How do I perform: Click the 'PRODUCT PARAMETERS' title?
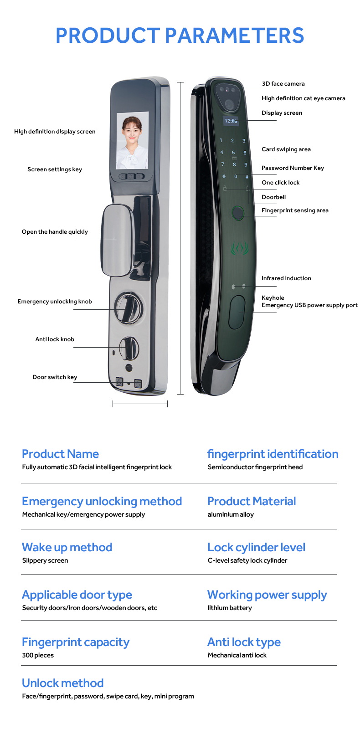point(180,36)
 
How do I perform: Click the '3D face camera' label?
point(283,84)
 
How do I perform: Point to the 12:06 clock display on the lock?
point(231,121)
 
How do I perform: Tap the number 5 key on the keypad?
point(233,153)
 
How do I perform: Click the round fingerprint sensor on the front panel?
point(237,213)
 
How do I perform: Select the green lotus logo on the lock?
point(239,249)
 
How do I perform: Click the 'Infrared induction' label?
point(286,278)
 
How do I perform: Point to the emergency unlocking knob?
point(126,308)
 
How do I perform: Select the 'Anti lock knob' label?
point(55,339)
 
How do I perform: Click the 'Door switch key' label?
point(55,377)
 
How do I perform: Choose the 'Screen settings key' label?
point(55,169)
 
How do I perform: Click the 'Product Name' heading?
point(60,454)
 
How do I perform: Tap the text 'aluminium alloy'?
point(231,515)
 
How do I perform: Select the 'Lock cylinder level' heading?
point(256,548)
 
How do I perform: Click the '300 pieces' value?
point(38,656)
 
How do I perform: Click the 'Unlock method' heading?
point(63,683)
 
